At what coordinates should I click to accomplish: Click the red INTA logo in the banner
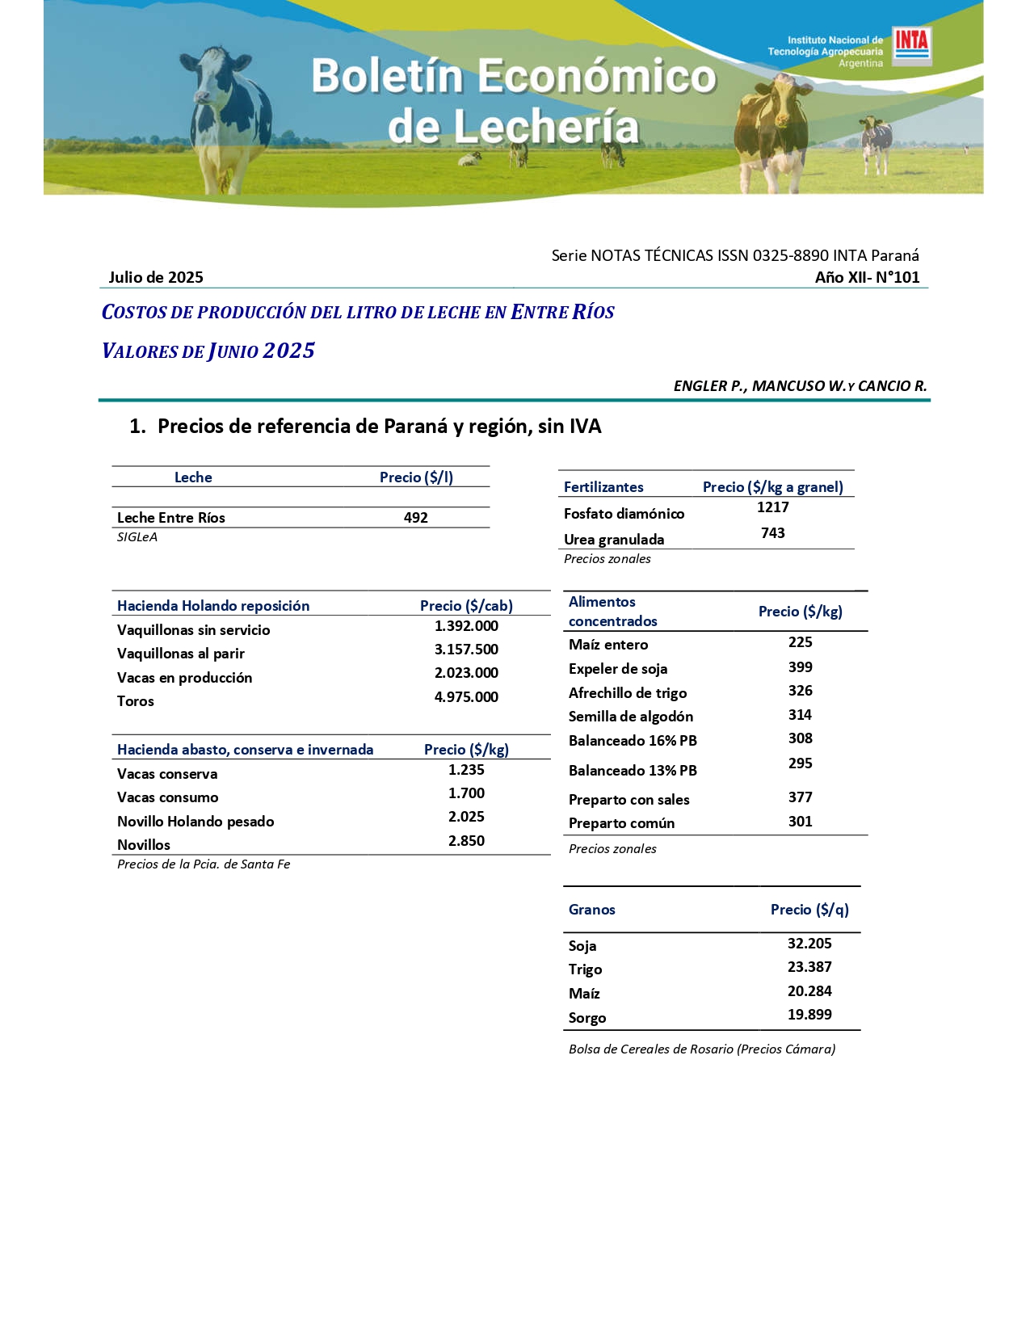coord(911,45)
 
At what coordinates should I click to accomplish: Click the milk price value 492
coord(416,518)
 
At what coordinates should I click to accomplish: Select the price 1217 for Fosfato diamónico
coord(772,507)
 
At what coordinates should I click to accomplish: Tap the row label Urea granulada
coord(614,540)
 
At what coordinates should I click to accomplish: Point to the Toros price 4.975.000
coord(466,697)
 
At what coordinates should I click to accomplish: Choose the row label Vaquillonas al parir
coord(181,654)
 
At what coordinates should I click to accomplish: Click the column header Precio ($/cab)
coord(466,606)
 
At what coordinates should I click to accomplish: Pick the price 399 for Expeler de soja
coord(800,667)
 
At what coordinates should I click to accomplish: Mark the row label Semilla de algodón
coord(631,717)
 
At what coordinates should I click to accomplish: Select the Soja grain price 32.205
coord(809,944)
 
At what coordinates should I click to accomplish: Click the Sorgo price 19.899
coord(809,1015)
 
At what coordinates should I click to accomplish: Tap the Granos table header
coord(592,910)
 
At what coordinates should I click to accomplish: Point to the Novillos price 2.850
coord(466,841)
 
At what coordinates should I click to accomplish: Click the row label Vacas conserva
coord(167,774)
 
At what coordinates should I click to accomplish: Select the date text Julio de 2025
coord(156,277)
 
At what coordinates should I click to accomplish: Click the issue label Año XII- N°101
coord(867,277)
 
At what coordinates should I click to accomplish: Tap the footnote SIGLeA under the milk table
coord(137,537)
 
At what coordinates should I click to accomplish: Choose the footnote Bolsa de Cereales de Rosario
coord(702,1049)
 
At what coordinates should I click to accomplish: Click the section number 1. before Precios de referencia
coord(137,427)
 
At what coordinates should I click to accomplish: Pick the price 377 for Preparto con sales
coord(800,797)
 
